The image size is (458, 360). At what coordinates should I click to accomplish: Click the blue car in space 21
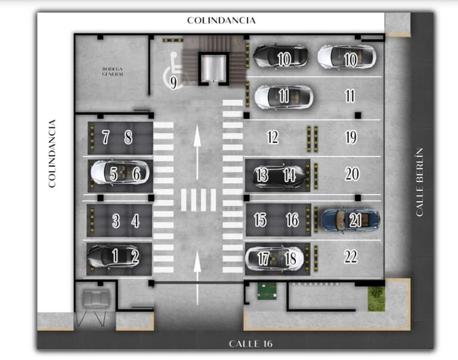(x=350, y=220)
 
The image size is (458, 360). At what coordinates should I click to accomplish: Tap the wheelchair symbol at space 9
(x=173, y=70)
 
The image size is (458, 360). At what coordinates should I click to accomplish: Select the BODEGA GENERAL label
(x=113, y=71)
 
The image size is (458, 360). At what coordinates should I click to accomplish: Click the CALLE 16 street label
(x=251, y=344)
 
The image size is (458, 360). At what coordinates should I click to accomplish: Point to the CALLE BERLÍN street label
(x=419, y=182)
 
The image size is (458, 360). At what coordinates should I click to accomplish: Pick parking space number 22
(x=351, y=256)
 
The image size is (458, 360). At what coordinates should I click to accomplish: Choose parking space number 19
(x=351, y=137)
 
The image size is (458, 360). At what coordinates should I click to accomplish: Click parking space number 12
(x=273, y=137)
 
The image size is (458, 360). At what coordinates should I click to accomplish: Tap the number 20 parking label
(x=352, y=174)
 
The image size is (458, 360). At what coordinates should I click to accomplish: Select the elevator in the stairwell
(x=213, y=69)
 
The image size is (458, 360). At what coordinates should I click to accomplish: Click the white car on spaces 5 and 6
(x=120, y=173)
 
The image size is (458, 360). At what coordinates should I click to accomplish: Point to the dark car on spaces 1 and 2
(x=114, y=256)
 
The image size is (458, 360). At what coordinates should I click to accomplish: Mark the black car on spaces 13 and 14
(x=279, y=175)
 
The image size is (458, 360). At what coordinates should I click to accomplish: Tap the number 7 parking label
(x=106, y=137)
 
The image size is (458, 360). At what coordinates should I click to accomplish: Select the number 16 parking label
(x=292, y=220)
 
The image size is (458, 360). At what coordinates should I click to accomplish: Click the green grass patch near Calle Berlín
(x=376, y=299)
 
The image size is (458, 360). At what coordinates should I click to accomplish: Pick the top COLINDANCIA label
(x=222, y=20)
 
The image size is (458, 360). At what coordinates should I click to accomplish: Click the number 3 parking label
(x=116, y=221)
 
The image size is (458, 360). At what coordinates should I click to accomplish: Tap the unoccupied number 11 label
(x=350, y=96)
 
